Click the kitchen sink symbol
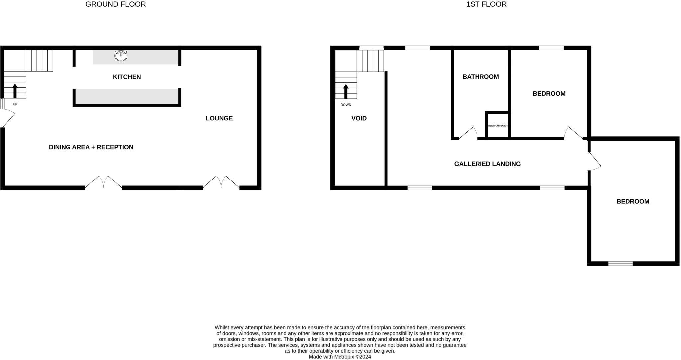(x=121, y=56)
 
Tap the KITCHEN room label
(x=127, y=77)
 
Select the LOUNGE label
(x=219, y=118)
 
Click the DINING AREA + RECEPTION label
(x=91, y=147)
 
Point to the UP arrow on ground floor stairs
(x=15, y=91)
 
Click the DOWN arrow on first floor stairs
(x=346, y=91)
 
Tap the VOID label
(x=359, y=118)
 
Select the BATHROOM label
(x=480, y=77)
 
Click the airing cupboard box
(x=497, y=125)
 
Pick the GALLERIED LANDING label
(x=487, y=164)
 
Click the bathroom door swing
(x=469, y=133)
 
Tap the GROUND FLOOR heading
(x=115, y=4)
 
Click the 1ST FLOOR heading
(x=486, y=4)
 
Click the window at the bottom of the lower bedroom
(x=620, y=264)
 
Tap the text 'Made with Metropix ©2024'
(x=340, y=357)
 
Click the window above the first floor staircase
(x=371, y=48)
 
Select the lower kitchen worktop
(x=127, y=96)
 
